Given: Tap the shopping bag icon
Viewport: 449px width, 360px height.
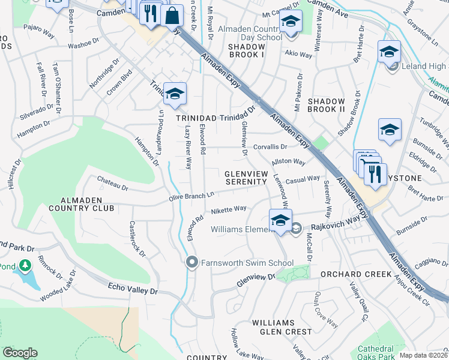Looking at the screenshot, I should pos(172,16).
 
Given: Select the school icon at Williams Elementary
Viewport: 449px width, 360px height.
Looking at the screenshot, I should pos(280,221).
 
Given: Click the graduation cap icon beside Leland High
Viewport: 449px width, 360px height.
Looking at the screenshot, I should pos(389,53).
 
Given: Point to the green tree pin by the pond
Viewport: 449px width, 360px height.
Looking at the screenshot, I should pos(25,265).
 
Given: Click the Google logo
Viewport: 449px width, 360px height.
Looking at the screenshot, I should pos(20,352).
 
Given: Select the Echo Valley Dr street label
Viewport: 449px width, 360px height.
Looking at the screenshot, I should pos(132,290).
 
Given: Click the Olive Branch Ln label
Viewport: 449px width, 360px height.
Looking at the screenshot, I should pos(191,196).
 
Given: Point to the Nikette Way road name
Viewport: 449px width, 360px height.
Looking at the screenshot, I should pos(229,209).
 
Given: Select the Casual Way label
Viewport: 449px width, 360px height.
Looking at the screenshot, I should pos(303,179).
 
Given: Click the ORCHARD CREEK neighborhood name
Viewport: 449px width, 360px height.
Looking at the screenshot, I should pos(365,274).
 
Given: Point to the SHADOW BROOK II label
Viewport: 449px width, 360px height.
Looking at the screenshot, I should pos(326,106).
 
